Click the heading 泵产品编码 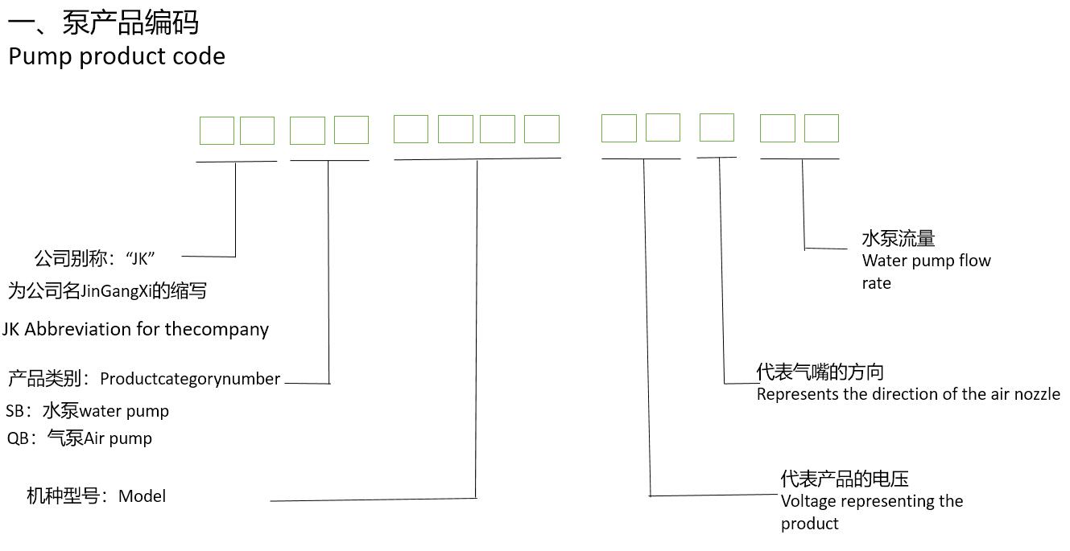pos(130,22)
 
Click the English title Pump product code pos(117,56)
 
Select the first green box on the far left pos(217,130)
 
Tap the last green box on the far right pos(821,129)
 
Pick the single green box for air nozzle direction pos(717,128)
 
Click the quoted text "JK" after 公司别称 pos(140,259)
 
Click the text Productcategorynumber pos(190,379)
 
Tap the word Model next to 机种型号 pos(142,496)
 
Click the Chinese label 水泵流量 pos(898,238)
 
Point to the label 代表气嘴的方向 pos(820,372)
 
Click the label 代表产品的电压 pos(845,479)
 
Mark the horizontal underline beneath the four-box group pos(477,158)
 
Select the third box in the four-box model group pos(498,130)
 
